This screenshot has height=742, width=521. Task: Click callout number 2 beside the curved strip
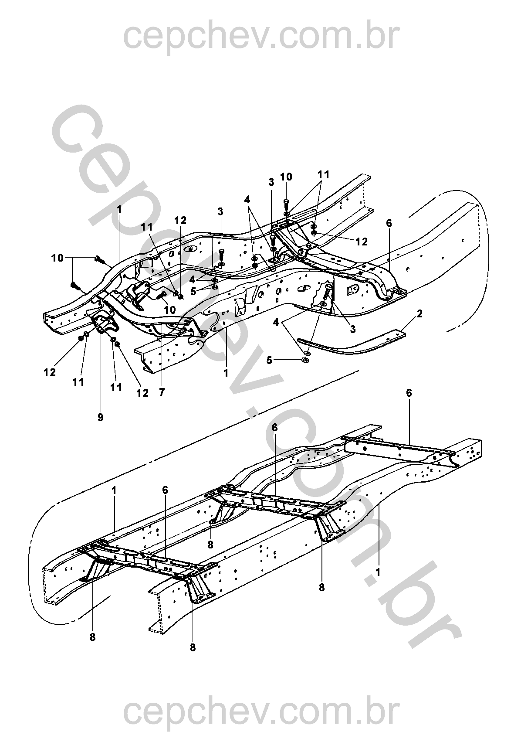(x=420, y=313)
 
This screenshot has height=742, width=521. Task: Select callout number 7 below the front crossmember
(x=162, y=392)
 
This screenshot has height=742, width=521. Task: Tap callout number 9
(x=101, y=417)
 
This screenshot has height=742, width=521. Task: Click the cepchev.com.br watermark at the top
(x=261, y=37)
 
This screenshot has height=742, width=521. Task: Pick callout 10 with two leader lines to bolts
(x=57, y=258)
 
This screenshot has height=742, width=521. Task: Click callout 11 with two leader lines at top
(x=323, y=175)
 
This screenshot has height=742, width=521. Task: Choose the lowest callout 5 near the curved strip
(x=270, y=360)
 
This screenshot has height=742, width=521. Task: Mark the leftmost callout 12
(x=50, y=373)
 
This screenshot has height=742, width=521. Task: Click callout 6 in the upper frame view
(x=389, y=223)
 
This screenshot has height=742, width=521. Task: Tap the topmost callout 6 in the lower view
(x=409, y=393)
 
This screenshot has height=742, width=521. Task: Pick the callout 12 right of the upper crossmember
(x=362, y=242)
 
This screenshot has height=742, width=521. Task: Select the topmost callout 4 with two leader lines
(x=247, y=199)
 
